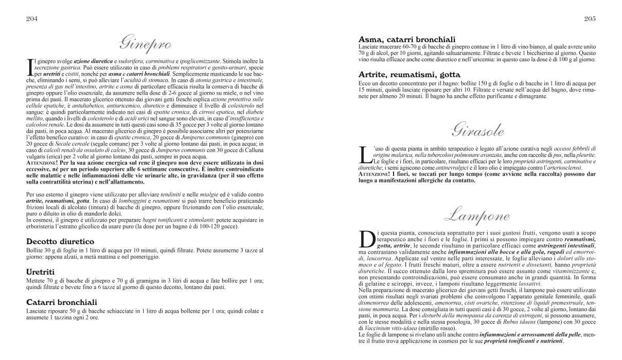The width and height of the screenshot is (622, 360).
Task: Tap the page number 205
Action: (590, 19)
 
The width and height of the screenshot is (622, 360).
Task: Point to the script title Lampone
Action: (477, 215)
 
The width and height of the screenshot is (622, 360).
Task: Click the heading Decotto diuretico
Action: (60, 241)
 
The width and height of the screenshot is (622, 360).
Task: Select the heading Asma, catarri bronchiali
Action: (407, 39)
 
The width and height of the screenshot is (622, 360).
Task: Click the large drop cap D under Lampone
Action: (366, 240)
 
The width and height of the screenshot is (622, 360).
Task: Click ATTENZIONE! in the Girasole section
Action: (378, 174)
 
